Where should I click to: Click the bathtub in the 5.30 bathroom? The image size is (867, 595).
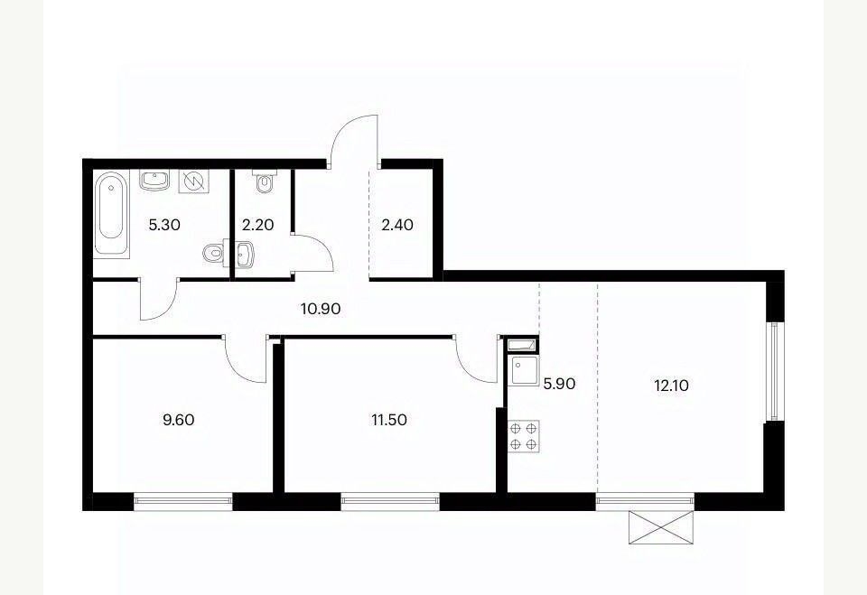click(x=111, y=213)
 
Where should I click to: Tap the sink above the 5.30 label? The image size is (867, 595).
click(x=154, y=181)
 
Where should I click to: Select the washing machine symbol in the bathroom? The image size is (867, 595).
click(x=194, y=181)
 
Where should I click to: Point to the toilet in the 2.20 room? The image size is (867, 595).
click(x=266, y=181)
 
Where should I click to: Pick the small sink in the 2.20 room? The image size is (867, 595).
click(x=245, y=255)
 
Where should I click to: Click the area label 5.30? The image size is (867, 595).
click(x=164, y=225)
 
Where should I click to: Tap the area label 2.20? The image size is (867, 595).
click(x=258, y=225)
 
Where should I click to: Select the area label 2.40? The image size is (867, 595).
click(x=397, y=225)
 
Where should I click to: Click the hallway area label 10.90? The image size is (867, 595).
click(x=321, y=309)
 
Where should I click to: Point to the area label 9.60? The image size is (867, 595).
click(x=179, y=420)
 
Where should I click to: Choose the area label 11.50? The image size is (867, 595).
click(x=389, y=420)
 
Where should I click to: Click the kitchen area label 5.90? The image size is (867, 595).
click(x=560, y=384)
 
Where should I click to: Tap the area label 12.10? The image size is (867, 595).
click(x=672, y=386)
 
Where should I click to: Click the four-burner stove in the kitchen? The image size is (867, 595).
click(x=524, y=436)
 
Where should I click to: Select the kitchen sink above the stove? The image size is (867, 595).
click(x=524, y=370)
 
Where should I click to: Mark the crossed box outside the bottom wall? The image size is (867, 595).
click(x=661, y=527)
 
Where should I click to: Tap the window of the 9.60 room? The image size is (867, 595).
click(x=183, y=500)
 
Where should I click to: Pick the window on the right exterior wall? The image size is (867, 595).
click(x=774, y=371)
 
